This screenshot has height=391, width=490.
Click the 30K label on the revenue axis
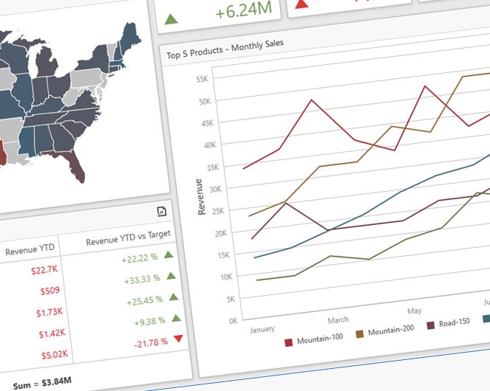pyautogui.click(x=210, y=189)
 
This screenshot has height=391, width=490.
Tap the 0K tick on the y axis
pyautogui.click(x=213, y=322)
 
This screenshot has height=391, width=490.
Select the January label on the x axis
pyautogui.click(x=264, y=329)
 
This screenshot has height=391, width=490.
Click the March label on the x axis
pyautogui.click(x=338, y=320)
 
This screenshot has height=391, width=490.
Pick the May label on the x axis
pyautogui.click(x=414, y=311)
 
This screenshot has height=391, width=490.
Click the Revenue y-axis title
pyautogui.click(x=201, y=196)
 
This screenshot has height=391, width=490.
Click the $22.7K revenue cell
pyautogui.click(x=44, y=269)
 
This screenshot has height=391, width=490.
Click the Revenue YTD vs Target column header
pyautogui.click(x=128, y=238)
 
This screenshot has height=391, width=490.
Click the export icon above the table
pyautogui.click(x=162, y=212)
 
